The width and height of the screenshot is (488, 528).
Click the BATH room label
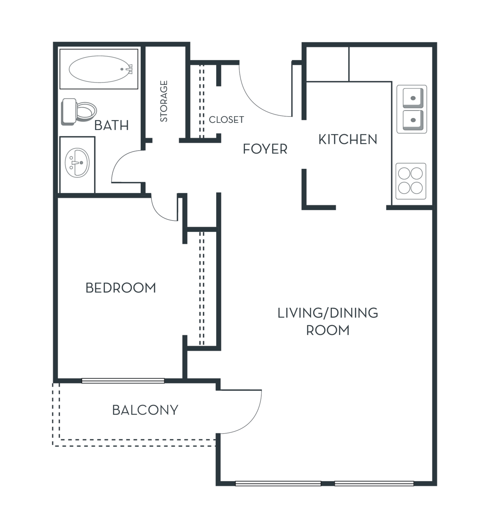pos(111,125)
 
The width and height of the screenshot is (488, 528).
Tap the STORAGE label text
pos(164,101)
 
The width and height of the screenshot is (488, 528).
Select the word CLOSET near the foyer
pos(226,120)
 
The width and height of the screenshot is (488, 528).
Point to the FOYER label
pos(265,149)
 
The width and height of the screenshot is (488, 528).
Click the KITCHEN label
pos(348,139)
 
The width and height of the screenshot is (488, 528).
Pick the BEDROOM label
pos(121,288)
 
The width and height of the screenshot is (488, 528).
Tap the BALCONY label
pos(145,410)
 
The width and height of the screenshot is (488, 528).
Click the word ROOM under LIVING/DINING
pos(328,330)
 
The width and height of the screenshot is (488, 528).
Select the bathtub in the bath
pos(99,69)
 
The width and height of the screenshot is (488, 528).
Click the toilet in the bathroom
pos(79,112)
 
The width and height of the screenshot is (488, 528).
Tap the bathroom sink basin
pos(77,163)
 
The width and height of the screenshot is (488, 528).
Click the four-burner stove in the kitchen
pos(411,181)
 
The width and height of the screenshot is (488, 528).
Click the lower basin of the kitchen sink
pos(413,121)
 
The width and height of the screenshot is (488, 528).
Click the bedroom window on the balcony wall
pos(123,381)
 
